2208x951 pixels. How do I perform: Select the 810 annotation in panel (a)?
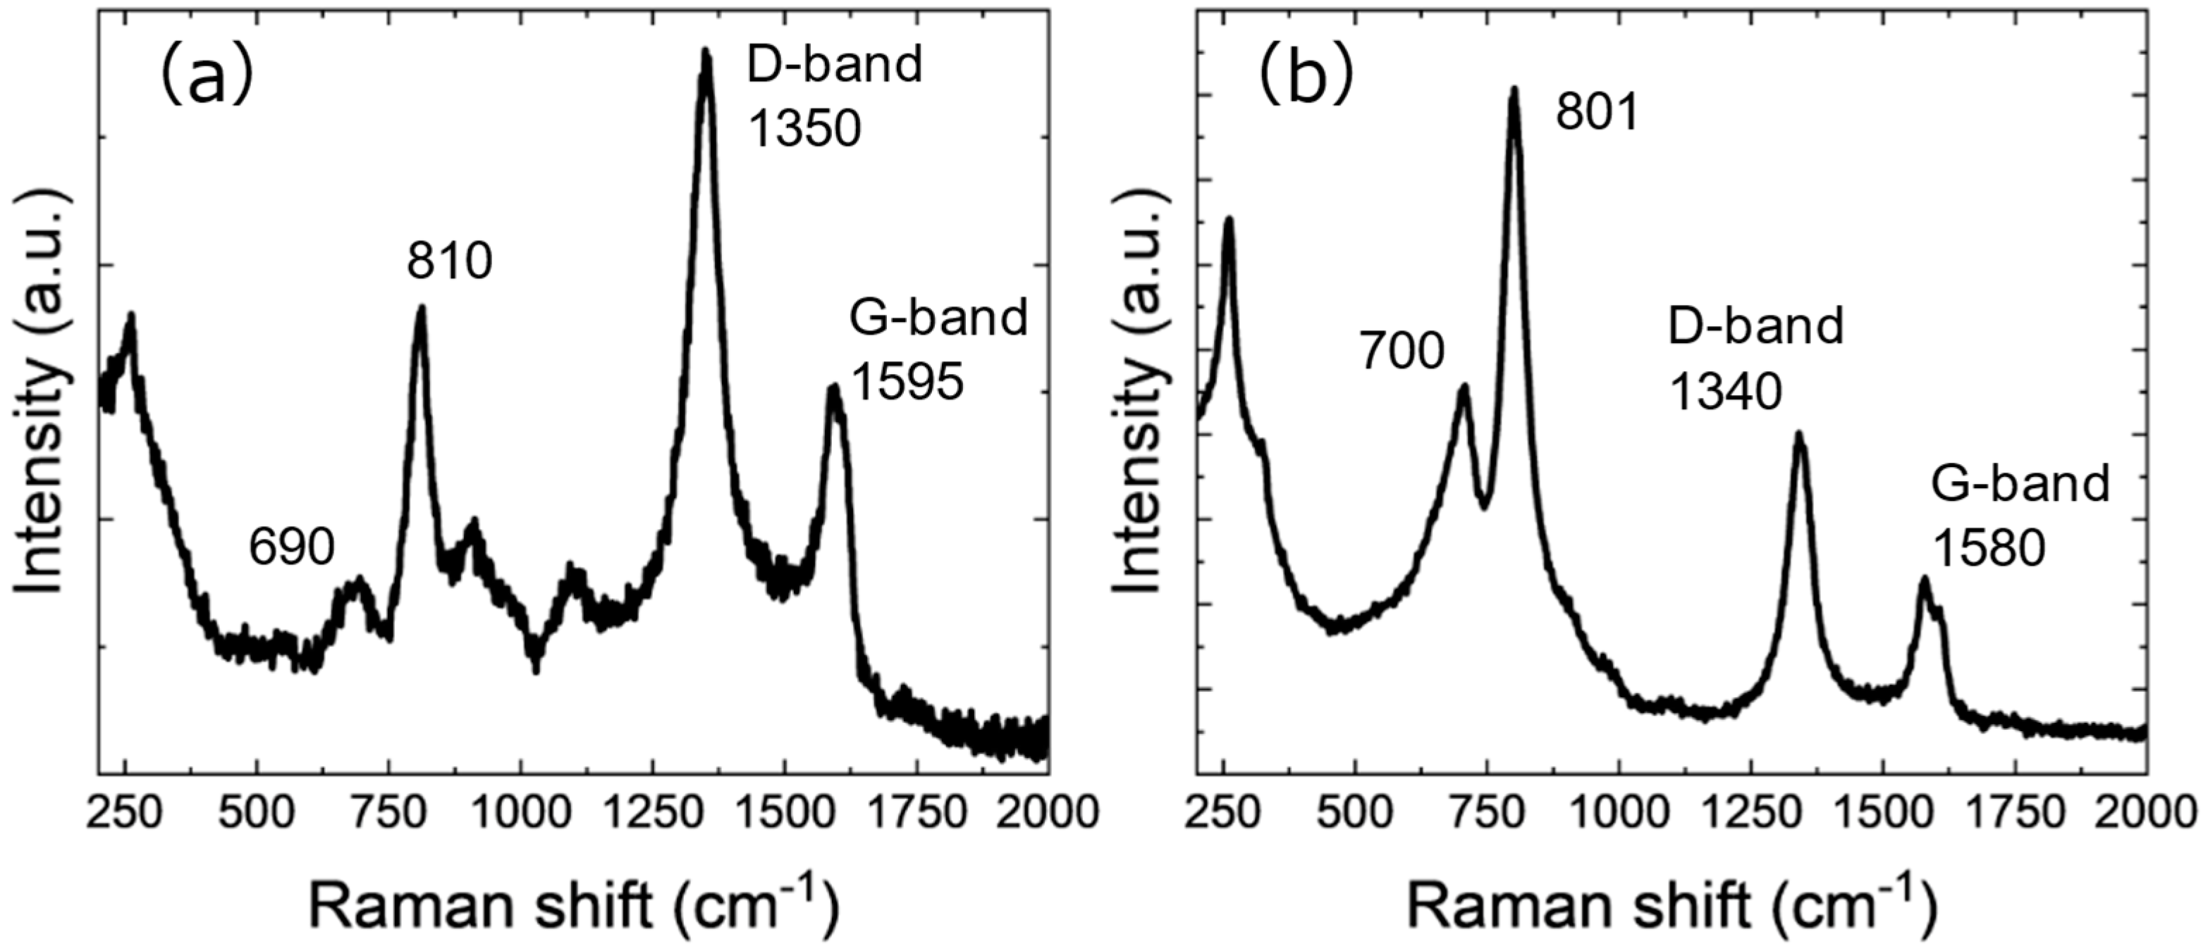(450, 261)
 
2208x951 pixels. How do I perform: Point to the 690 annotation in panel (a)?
(291, 547)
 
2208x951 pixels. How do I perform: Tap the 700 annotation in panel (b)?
(1402, 352)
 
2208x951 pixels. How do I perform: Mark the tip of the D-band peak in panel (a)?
(706, 51)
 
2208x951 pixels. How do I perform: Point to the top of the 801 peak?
(1514, 89)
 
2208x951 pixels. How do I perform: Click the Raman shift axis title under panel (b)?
(1669, 908)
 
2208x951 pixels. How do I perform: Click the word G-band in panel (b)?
(2020, 484)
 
